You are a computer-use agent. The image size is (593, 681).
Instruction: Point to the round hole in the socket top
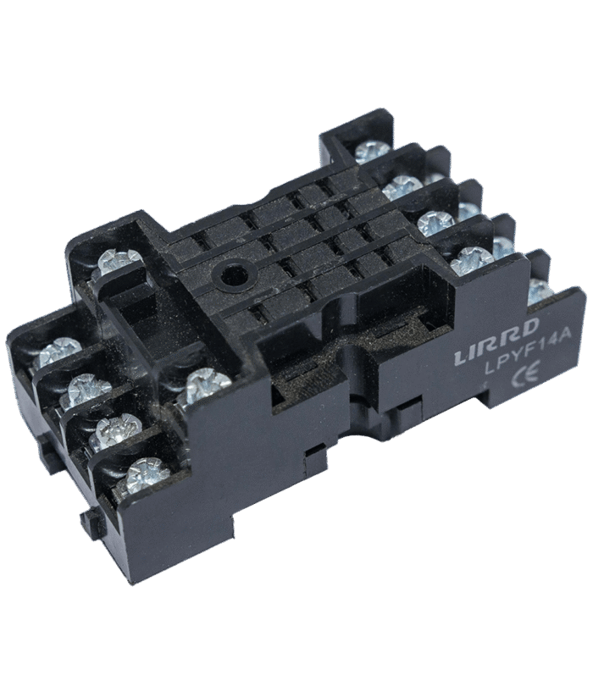pyautogui.click(x=233, y=275)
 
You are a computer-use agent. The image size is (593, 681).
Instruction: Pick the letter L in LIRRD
pyautogui.click(x=461, y=357)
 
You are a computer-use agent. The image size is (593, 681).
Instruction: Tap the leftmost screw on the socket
pyautogui.click(x=59, y=352)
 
